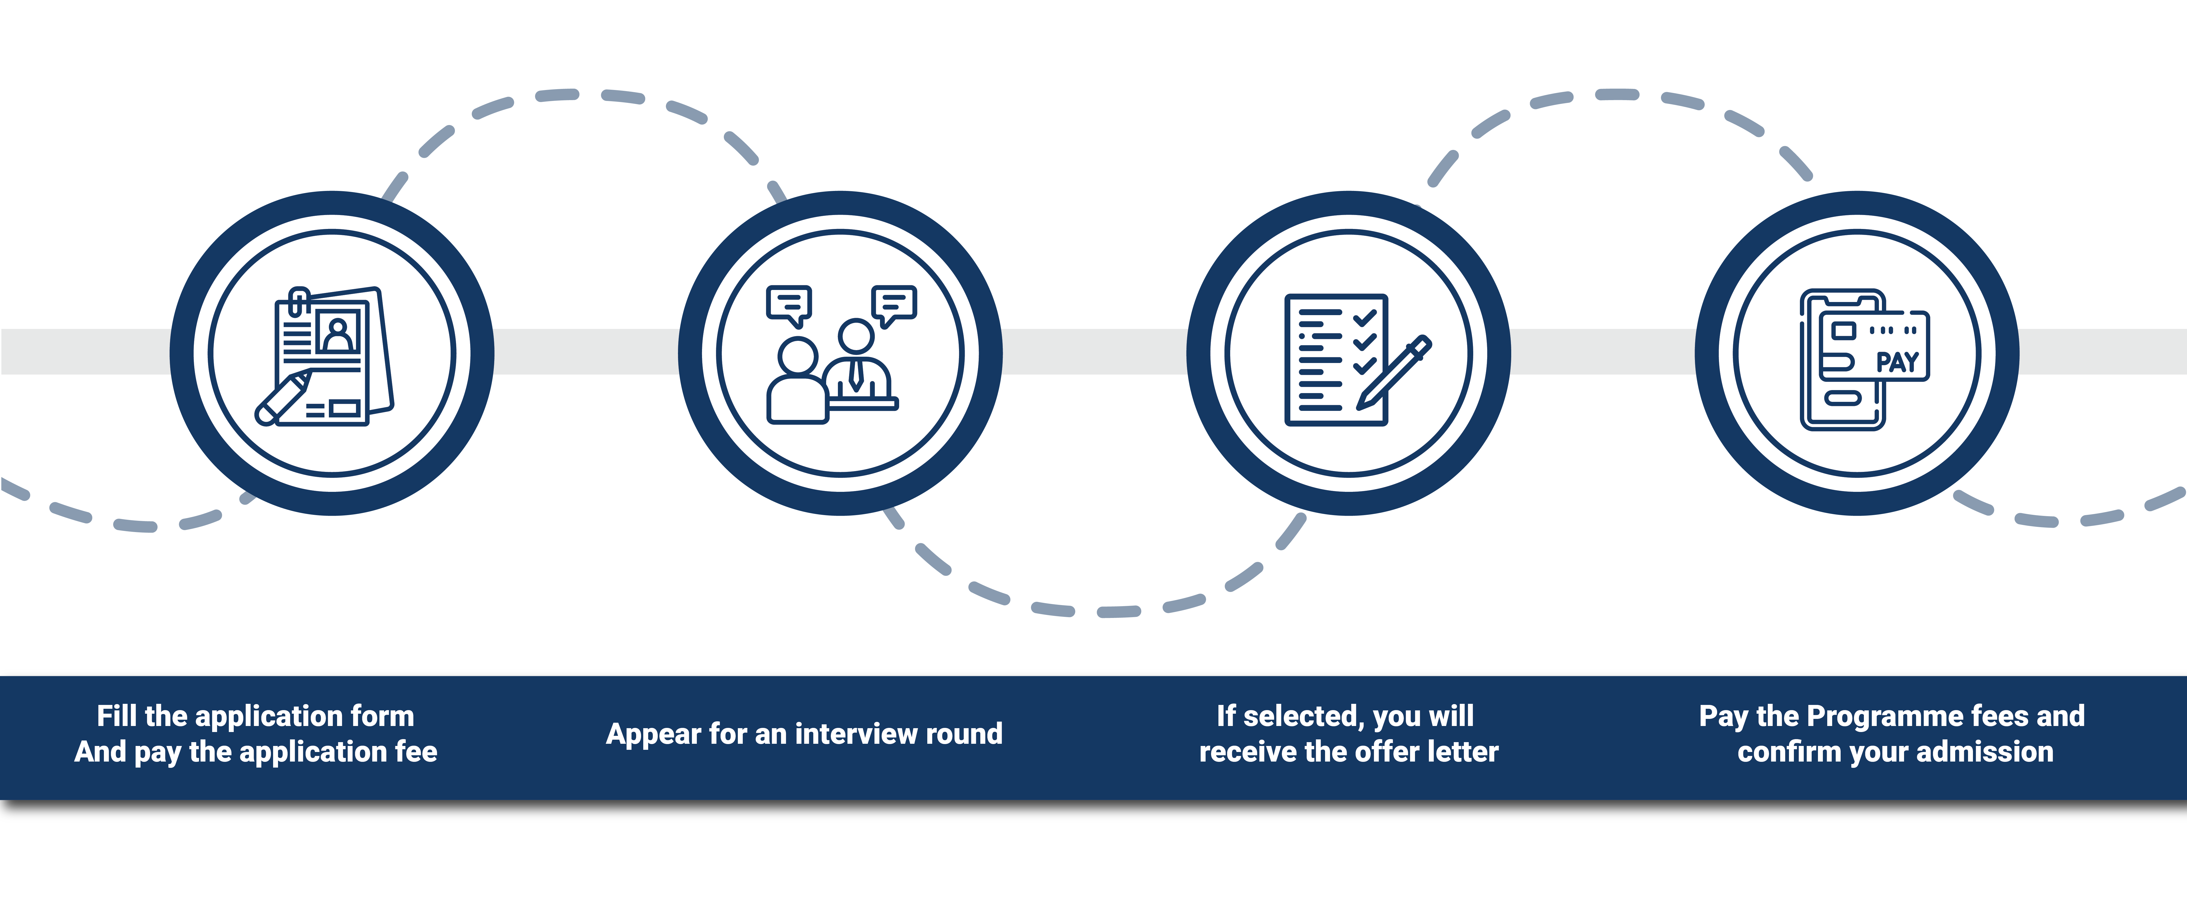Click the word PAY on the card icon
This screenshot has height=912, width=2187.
1897,363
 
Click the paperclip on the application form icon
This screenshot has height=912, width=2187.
298,301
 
